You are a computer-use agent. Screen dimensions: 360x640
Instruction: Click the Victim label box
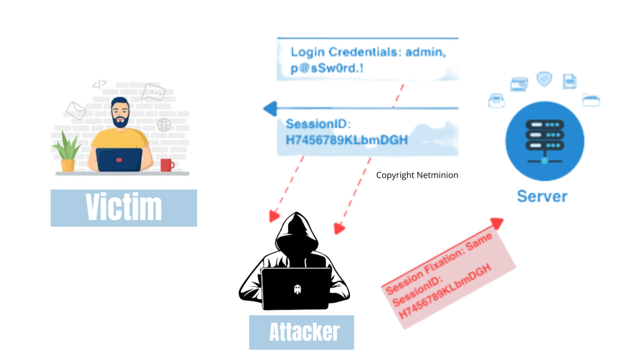click(124, 208)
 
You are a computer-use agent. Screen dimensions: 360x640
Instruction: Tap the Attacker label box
click(302, 332)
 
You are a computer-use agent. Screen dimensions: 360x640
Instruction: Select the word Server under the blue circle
click(542, 196)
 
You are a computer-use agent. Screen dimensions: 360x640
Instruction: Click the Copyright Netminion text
click(417, 175)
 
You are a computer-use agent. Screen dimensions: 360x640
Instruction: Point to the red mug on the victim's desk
click(166, 165)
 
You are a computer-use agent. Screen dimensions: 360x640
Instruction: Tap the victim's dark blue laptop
click(119, 160)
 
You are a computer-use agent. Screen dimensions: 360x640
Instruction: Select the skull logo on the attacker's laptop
click(297, 289)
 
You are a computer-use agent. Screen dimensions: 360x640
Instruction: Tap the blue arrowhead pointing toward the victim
click(270, 109)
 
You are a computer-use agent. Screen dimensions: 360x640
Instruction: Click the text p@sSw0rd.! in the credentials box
click(327, 68)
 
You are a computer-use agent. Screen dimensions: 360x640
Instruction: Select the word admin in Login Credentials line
click(425, 52)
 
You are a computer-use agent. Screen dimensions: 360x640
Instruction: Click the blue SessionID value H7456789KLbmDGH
click(347, 140)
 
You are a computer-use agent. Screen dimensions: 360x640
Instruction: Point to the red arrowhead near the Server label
click(497, 223)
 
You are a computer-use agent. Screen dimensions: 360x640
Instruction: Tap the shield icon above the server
click(544, 79)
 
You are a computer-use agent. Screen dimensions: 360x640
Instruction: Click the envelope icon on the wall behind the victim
click(76, 110)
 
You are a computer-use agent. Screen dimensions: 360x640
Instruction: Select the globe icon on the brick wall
click(164, 125)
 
